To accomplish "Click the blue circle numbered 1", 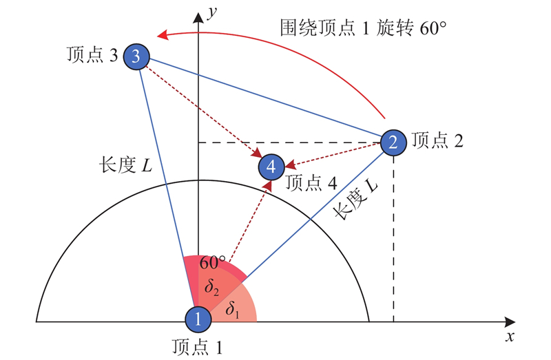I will click(x=198, y=319).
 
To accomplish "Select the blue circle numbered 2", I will click(x=393, y=142).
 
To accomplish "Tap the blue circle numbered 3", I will click(x=136, y=57).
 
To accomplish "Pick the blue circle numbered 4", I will click(x=271, y=166).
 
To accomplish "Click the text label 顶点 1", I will click(x=198, y=347).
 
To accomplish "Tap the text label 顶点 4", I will click(x=310, y=183).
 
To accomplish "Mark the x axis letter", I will click(x=510, y=337).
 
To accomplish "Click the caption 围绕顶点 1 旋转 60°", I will click(x=364, y=29).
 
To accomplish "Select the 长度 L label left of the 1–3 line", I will click(x=126, y=166).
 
